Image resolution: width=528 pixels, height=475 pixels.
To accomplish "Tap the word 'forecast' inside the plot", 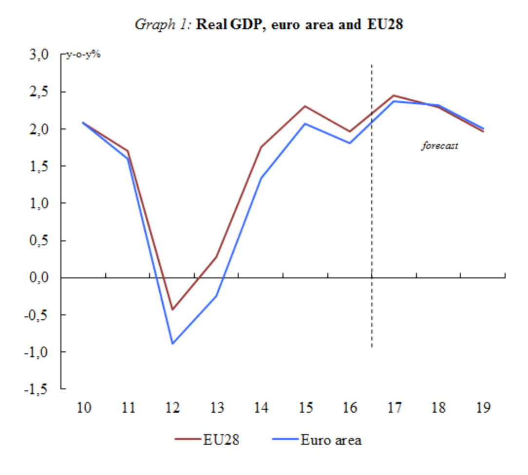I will [439, 146].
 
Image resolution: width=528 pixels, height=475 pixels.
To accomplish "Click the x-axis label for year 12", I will [172, 408].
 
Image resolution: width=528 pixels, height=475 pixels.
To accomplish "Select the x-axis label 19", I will [483, 408].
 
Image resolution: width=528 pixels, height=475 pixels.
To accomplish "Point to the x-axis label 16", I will [350, 408].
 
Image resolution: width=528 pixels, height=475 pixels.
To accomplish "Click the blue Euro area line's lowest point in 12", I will [172, 344].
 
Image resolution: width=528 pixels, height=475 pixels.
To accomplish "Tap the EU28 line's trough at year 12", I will [172, 309].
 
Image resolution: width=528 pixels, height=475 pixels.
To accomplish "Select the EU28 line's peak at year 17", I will [394, 95].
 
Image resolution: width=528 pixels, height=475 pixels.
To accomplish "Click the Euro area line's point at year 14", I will [261, 178].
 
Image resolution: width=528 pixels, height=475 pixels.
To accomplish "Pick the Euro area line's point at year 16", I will [350, 143].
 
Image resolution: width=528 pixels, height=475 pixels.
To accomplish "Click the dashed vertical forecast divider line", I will [372, 204].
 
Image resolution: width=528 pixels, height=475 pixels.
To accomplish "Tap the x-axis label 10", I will [84, 408].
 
